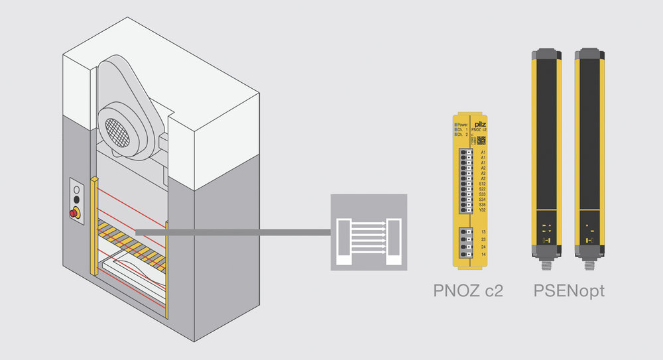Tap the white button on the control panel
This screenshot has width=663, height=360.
click(x=76, y=188)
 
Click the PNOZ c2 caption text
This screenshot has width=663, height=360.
click(x=468, y=290)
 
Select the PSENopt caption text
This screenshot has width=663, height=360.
click(x=569, y=290)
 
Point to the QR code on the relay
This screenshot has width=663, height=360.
click(x=481, y=139)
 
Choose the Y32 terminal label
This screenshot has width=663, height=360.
click(x=483, y=210)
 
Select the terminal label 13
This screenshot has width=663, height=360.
click(x=483, y=231)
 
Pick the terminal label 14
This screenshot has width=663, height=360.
click(x=483, y=255)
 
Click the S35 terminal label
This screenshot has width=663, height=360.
click(x=483, y=204)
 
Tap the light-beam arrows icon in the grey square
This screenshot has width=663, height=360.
click(x=369, y=232)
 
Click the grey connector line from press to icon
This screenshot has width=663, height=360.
click(x=232, y=231)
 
